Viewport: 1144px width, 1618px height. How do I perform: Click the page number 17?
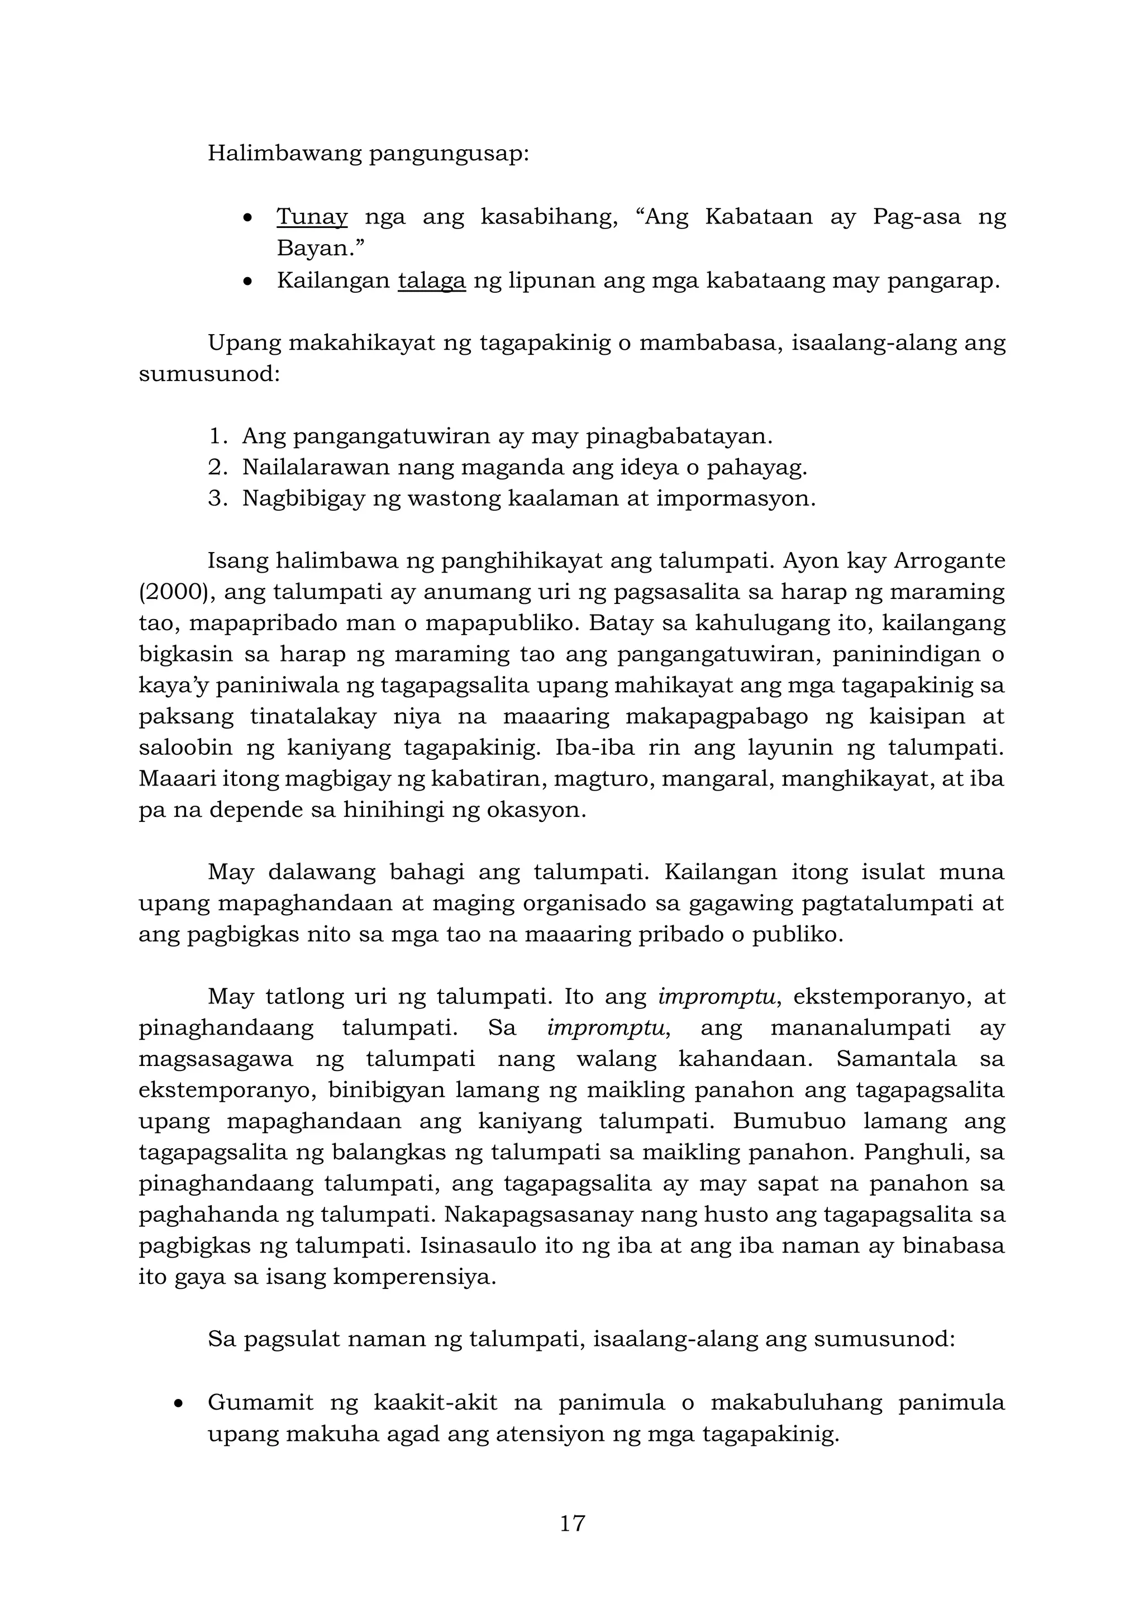pyautogui.click(x=572, y=1523)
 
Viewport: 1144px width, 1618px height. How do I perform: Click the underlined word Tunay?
pyautogui.click(x=311, y=217)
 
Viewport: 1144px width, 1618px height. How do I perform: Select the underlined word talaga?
pyautogui.click(x=432, y=280)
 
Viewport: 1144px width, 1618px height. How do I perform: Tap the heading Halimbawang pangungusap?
pyautogui.click(x=368, y=154)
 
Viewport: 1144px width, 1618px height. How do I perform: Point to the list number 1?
pyautogui.click(x=216, y=436)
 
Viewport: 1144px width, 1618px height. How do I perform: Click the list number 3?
pyautogui.click(x=216, y=498)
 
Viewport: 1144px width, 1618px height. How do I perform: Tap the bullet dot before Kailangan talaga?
pyautogui.click(x=246, y=281)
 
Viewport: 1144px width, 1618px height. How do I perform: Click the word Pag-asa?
pyautogui.click(x=917, y=217)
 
